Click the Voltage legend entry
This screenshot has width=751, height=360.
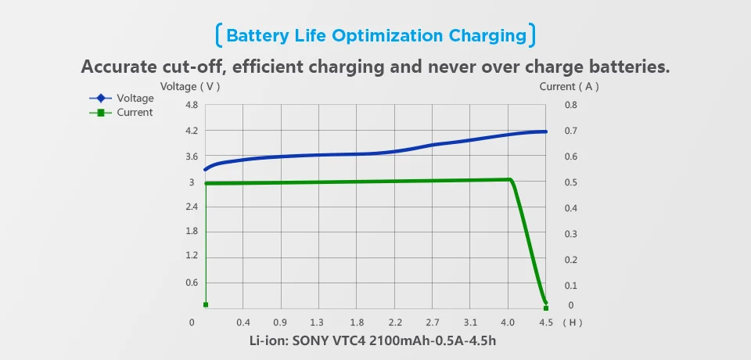coord(122,99)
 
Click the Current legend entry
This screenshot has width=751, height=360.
coord(122,113)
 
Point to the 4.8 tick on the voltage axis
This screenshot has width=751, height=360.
coord(191,105)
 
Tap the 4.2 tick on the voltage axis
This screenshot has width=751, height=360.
coord(191,131)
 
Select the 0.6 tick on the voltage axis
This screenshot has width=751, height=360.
coord(191,283)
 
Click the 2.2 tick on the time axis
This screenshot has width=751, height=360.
coord(395,322)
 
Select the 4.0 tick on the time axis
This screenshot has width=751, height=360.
coord(508,322)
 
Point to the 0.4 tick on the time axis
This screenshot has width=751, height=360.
coord(243,322)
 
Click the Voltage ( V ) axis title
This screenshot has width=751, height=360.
coord(190,87)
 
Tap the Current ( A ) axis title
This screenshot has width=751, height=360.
coord(569,87)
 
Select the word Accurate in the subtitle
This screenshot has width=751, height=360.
coord(124,67)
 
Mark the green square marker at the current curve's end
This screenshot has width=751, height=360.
coord(546,308)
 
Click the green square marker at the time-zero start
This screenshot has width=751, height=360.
coord(206,304)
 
